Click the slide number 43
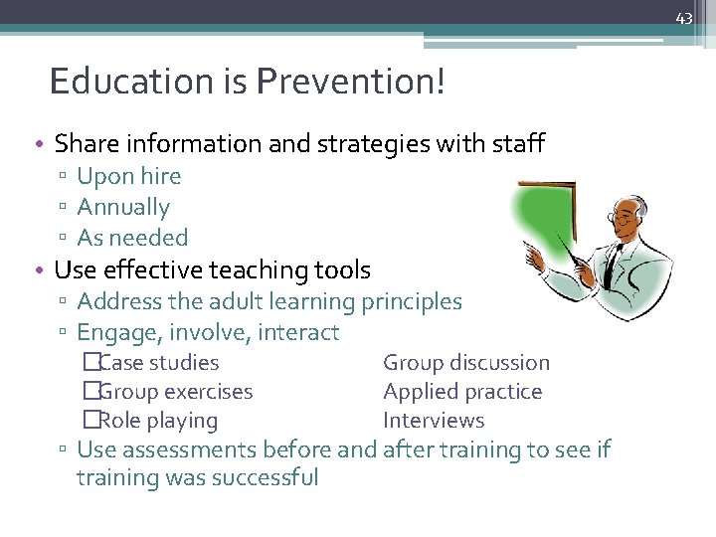[x=683, y=19]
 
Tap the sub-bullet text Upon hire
[x=129, y=176]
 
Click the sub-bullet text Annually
[x=123, y=207]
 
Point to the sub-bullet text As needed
[x=132, y=238]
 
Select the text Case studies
[x=159, y=363]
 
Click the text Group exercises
[x=176, y=392]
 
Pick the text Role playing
[x=158, y=421]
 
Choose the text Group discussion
[x=466, y=363]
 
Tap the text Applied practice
[x=462, y=392]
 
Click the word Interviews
[x=434, y=421]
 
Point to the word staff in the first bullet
[x=519, y=144]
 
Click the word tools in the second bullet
[x=342, y=269]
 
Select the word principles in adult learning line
[x=412, y=300]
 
